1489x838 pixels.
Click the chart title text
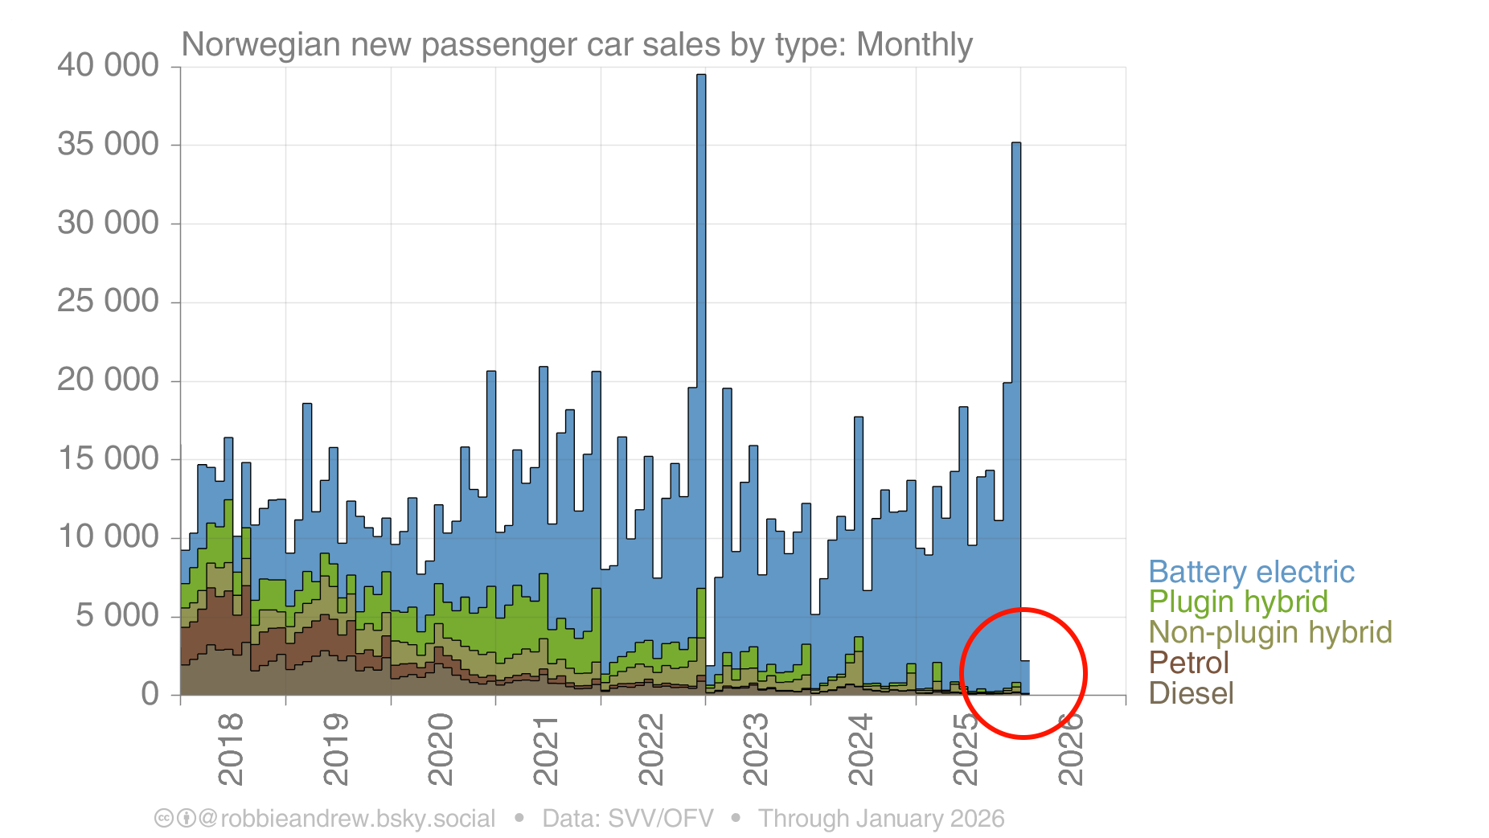coord(576,44)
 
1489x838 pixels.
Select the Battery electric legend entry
coord(1251,572)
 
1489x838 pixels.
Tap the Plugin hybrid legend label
coord(1237,602)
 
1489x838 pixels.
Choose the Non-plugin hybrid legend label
coord(1270,632)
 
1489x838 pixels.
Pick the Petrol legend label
coord(1188,663)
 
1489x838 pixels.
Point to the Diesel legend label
coord(1191,693)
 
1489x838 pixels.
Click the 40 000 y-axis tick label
coord(109,65)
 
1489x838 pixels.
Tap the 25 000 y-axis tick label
coord(109,301)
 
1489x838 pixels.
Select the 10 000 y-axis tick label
coord(109,536)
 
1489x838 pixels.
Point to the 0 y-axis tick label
coord(150,693)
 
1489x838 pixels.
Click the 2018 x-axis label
coord(231,749)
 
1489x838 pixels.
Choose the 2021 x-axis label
coord(546,749)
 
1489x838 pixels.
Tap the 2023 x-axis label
coord(756,749)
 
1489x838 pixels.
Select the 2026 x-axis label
coord(1071,749)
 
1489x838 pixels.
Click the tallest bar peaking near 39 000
coord(701,322)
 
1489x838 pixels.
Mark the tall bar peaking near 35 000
coord(1016,362)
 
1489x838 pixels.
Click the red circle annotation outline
coord(961,673)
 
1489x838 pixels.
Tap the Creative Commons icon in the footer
coord(164,819)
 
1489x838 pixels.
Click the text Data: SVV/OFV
coord(628,819)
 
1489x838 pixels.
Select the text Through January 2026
coord(881,819)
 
